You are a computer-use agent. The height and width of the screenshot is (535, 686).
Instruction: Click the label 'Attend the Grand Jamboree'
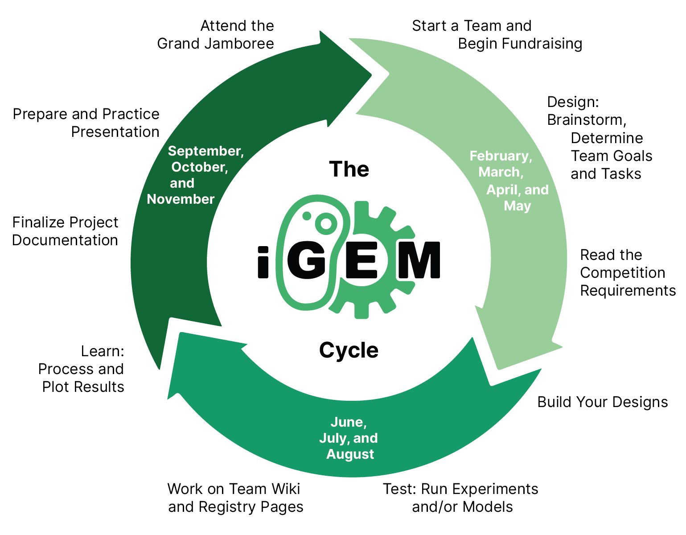pyautogui.click(x=216, y=35)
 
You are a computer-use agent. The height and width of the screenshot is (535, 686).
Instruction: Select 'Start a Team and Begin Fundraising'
pyautogui.click(x=496, y=35)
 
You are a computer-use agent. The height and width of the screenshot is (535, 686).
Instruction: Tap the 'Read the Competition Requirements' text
pyautogui.click(x=627, y=273)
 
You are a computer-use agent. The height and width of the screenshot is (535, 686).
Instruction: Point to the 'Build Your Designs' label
pyautogui.click(x=602, y=402)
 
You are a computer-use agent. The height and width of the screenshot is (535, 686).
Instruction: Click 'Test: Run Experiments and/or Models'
pyautogui.click(x=460, y=498)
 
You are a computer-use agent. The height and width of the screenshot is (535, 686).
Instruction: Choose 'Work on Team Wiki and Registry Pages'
pyautogui.click(x=235, y=498)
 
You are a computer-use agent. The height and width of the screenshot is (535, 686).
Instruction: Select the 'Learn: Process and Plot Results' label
pyautogui.click(x=82, y=369)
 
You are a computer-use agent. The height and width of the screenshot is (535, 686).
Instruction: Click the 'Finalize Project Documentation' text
pyautogui.click(x=65, y=231)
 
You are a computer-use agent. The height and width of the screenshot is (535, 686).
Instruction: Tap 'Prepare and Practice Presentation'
pyautogui.click(x=86, y=123)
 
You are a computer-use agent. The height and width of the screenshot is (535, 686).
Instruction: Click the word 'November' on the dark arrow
pyautogui.click(x=181, y=199)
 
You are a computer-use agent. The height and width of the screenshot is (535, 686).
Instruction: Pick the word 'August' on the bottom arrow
pyautogui.click(x=350, y=454)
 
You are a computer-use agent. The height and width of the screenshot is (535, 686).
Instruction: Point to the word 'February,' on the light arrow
pyautogui.click(x=501, y=156)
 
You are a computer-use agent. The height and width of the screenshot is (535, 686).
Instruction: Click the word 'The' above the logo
pyautogui.click(x=349, y=169)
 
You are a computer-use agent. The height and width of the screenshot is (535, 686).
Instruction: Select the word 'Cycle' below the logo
pyautogui.click(x=349, y=350)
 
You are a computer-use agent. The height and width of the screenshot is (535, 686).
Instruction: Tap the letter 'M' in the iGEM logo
pyautogui.click(x=419, y=261)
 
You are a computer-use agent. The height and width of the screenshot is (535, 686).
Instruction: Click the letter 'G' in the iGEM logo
pyautogui.click(x=307, y=261)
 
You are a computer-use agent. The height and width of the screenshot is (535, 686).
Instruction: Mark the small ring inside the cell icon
pyautogui.click(x=325, y=222)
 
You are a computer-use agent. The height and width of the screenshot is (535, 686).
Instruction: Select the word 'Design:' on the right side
pyautogui.click(x=573, y=103)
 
